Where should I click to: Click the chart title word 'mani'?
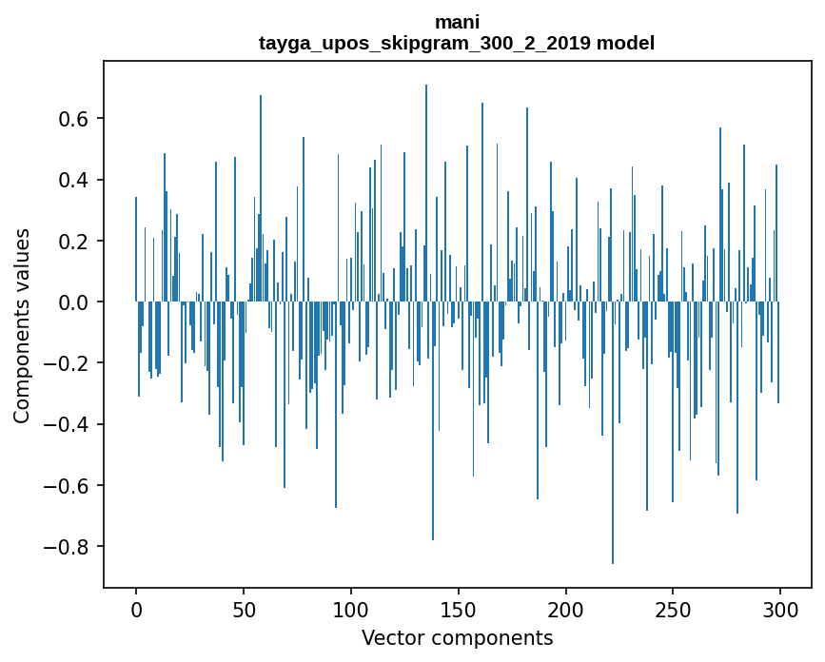click(x=457, y=22)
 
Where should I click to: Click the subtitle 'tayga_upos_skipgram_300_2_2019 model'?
click(x=457, y=43)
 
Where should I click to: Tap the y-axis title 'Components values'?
click(x=21, y=325)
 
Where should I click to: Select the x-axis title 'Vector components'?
click(x=457, y=637)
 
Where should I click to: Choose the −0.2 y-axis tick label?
click(x=69, y=363)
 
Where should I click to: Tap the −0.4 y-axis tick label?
click(x=69, y=424)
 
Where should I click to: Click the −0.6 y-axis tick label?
click(x=69, y=485)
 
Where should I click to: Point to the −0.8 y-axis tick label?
click(x=69, y=547)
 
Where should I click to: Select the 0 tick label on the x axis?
click(x=136, y=608)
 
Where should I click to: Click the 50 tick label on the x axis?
click(x=244, y=608)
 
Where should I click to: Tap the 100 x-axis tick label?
click(x=351, y=608)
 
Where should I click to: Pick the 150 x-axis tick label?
click(x=459, y=608)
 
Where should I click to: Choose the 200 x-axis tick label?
click(x=566, y=608)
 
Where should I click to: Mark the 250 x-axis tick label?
click(x=673, y=608)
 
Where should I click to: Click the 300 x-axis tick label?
click(x=780, y=608)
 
